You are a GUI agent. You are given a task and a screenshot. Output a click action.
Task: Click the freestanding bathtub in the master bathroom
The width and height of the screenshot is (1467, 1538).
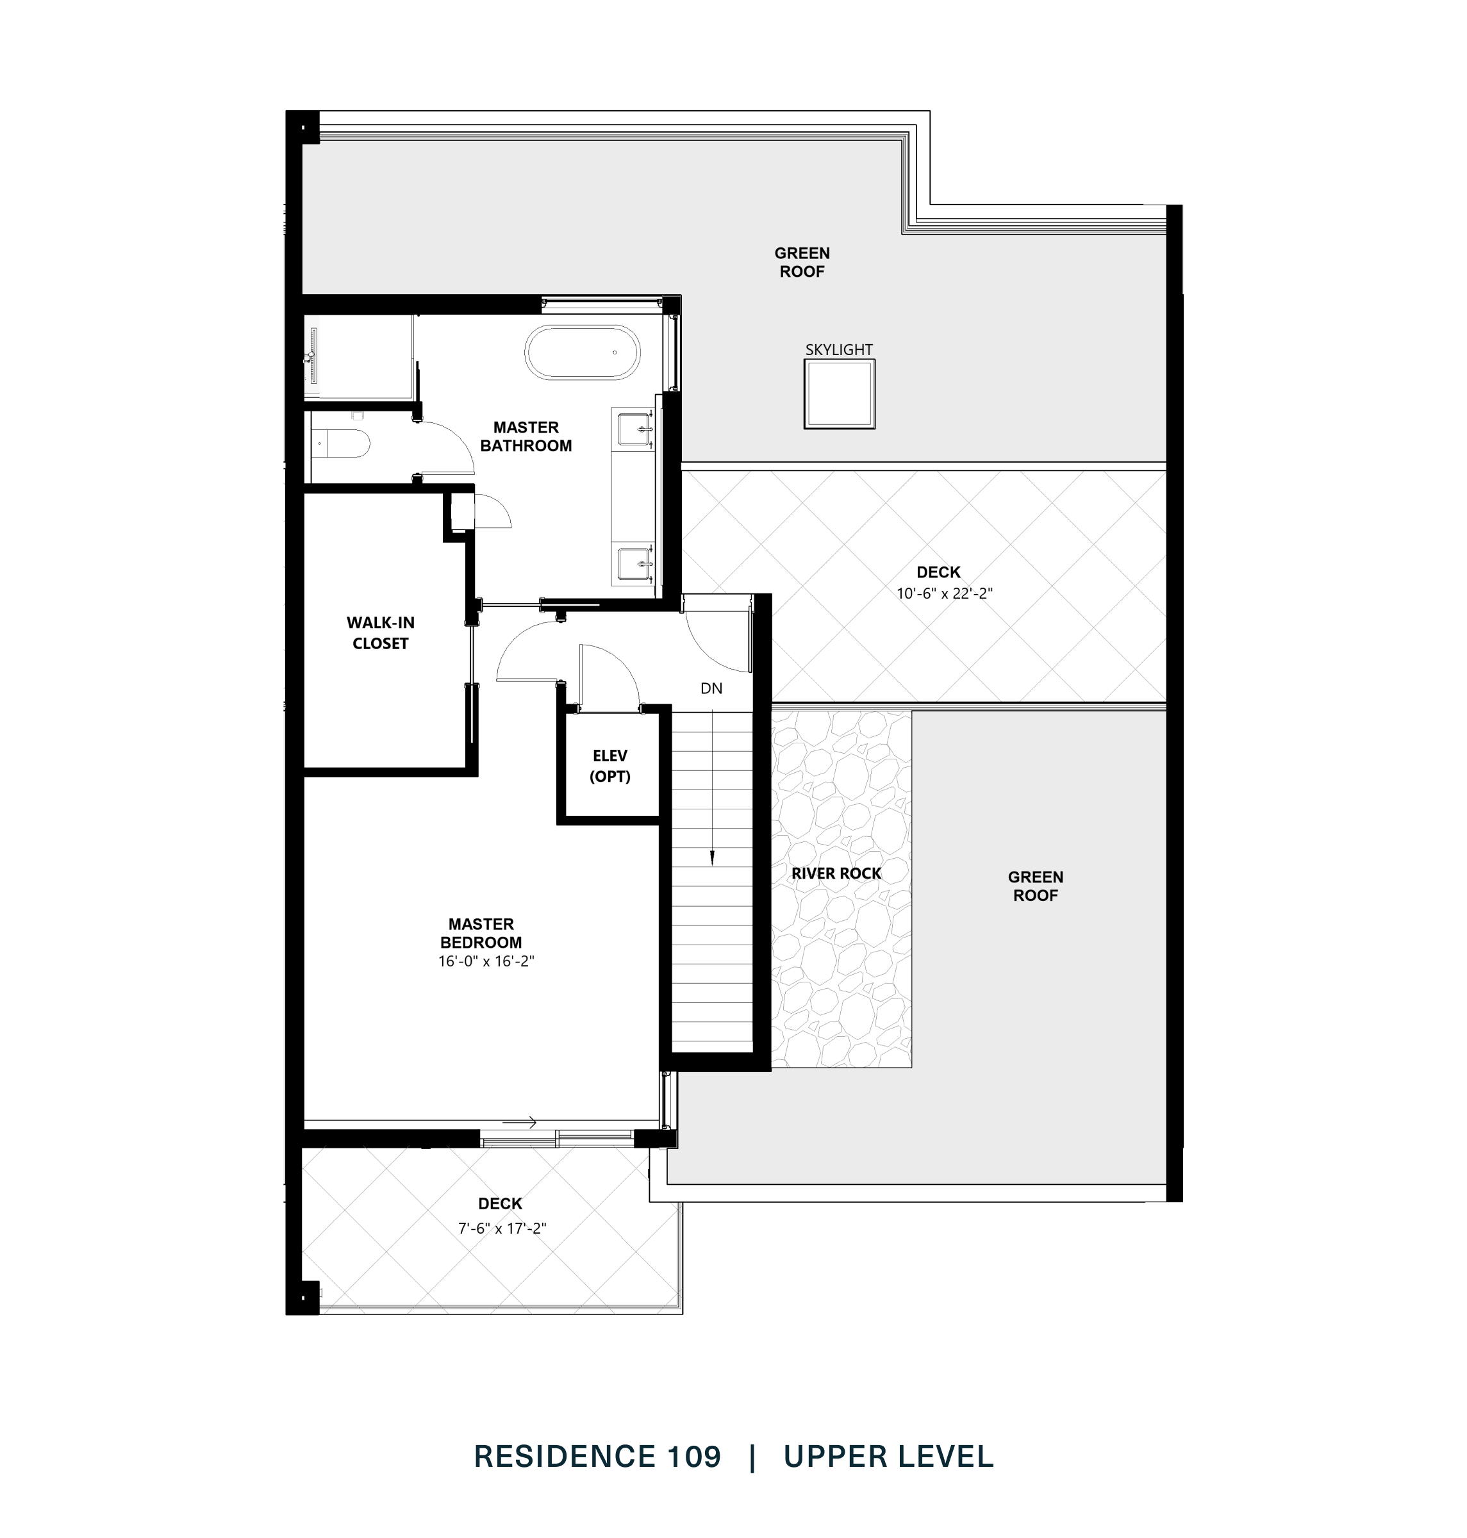point(583,352)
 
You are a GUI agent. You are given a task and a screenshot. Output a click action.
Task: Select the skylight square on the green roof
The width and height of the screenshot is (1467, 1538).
point(839,394)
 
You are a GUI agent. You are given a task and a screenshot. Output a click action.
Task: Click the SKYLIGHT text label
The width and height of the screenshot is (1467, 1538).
point(839,349)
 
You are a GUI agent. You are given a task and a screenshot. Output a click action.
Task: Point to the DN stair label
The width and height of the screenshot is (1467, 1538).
point(711,689)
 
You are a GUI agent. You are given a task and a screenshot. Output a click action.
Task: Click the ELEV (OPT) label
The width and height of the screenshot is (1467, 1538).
point(610,766)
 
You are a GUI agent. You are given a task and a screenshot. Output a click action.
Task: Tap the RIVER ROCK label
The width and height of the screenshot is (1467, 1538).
point(836,873)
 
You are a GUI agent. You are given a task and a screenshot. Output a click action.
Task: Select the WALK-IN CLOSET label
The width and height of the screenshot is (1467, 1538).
point(380,633)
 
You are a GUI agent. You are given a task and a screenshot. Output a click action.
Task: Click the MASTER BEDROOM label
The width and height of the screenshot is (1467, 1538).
point(481,934)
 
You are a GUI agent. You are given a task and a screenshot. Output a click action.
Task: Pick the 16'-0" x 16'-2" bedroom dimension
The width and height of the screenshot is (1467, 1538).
point(486,962)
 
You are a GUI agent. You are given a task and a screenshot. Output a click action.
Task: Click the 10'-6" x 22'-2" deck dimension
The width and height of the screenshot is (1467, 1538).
point(944,593)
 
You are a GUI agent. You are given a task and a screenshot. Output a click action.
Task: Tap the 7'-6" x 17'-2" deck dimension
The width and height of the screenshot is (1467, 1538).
point(502,1228)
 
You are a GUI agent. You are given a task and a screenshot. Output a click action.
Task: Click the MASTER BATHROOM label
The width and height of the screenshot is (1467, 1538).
point(526,436)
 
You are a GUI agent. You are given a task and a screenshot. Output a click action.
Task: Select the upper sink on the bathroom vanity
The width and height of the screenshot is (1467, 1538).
point(635,429)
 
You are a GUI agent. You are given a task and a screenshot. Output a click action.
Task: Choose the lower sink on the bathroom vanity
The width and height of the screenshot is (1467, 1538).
point(635,563)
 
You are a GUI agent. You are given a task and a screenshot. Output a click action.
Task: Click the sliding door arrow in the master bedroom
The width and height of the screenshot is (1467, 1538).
point(519,1123)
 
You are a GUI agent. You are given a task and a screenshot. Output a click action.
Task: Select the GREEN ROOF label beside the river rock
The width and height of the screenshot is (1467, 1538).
point(1034,887)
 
